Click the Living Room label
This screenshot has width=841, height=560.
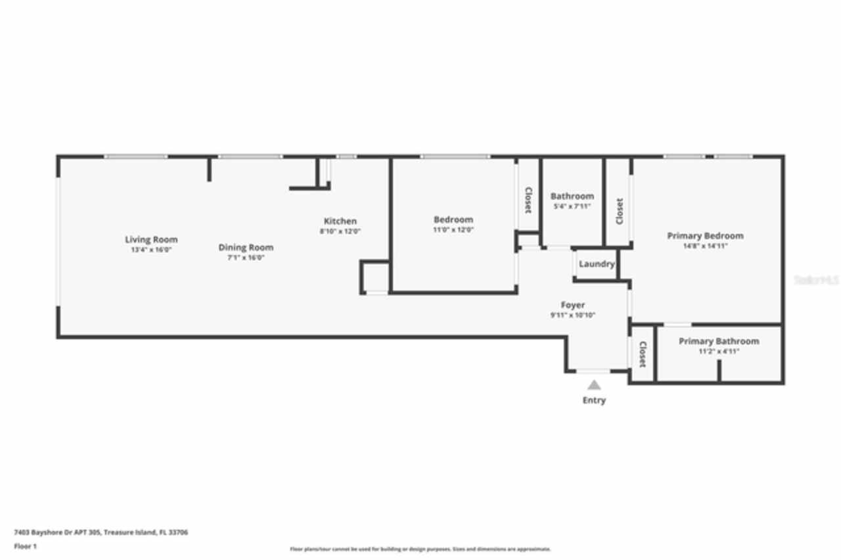pos(151,239)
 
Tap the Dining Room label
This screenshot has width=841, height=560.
pos(246,247)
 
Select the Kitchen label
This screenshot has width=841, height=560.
pos(340,221)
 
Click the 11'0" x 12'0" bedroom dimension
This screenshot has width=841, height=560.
pos(453,230)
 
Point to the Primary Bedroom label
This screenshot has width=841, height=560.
pos(705,235)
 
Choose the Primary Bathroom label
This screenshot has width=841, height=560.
pos(719,341)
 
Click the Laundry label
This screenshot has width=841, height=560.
pos(597,264)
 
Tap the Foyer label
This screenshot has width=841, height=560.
pos(573,305)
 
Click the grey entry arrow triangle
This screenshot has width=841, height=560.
pos(594,385)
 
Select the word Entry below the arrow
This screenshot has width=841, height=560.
pos(594,400)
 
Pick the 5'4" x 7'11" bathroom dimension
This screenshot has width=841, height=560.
pos(572,206)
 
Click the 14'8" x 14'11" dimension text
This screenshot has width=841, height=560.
pos(705,246)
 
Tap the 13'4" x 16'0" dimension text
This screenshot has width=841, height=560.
pos(151,250)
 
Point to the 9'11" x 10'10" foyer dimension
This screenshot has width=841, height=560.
pos(573,315)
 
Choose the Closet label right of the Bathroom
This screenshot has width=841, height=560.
pos(619,212)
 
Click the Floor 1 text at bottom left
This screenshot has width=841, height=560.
pos(26,546)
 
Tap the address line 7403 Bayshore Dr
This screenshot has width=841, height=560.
pos(101,532)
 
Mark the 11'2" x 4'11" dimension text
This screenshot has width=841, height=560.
pos(719,352)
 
